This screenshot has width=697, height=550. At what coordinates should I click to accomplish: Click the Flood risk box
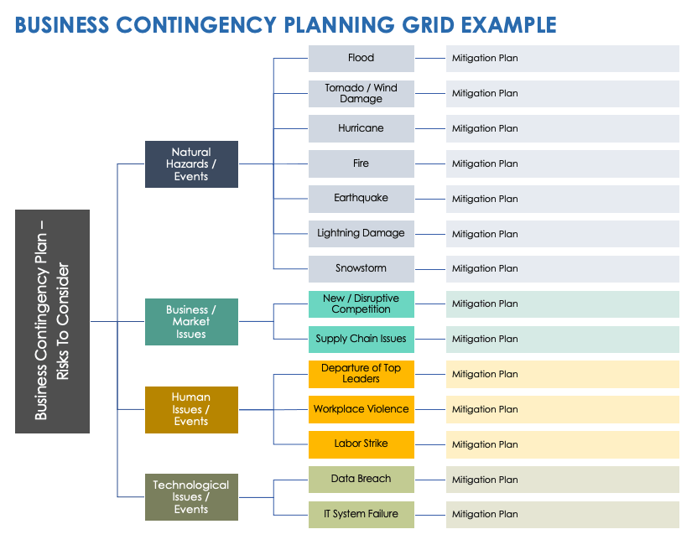pyautogui.click(x=361, y=58)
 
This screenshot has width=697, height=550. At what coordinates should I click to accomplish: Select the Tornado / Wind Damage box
pyautogui.click(x=361, y=93)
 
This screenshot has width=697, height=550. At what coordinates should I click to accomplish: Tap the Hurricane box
pyautogui.click(x=361, y=128)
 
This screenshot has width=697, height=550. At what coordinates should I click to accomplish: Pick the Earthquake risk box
pyautogui.click(x=361, y=199)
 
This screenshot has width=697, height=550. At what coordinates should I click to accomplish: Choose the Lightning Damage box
pyautogui.click(x=361, y=233)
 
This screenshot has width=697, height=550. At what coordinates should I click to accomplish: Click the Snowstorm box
pyautogui.click(x=361, y=268)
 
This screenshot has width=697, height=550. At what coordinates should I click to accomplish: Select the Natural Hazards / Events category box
pyautogui.click(x=191, y=164)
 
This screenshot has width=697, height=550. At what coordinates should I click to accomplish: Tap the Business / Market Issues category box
pyautogui.click(x=191, y=322)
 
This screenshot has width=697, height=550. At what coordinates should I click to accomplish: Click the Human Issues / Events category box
pyautogui.click(x=191, y=409)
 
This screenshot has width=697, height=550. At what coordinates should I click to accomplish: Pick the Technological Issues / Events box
pyautogui.click(x=191, y=497)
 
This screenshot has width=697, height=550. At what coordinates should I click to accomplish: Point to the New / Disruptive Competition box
pyautogui.click(x=361, y=304)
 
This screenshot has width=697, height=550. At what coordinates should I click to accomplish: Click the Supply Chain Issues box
pyautogui.click(x=361, y=339)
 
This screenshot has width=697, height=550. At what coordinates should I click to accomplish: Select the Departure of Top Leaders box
pyautogui.click(x=361, y=374)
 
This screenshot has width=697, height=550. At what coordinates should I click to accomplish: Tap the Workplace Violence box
pyautogui.click(x=361, y=409)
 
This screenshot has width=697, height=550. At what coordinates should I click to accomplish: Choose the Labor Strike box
pyautogui.click(x=361, y=444)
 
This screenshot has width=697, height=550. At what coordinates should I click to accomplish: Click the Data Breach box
pyautogui.click(x=361, y=479)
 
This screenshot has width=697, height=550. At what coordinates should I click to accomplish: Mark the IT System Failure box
pyautogui.click(x=361, y=514)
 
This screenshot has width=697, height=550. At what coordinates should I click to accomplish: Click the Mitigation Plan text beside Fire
pyautogui.click(x=485, y=163)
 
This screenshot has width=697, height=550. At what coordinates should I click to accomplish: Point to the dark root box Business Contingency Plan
pyautogui.click(x=52, y=321)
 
